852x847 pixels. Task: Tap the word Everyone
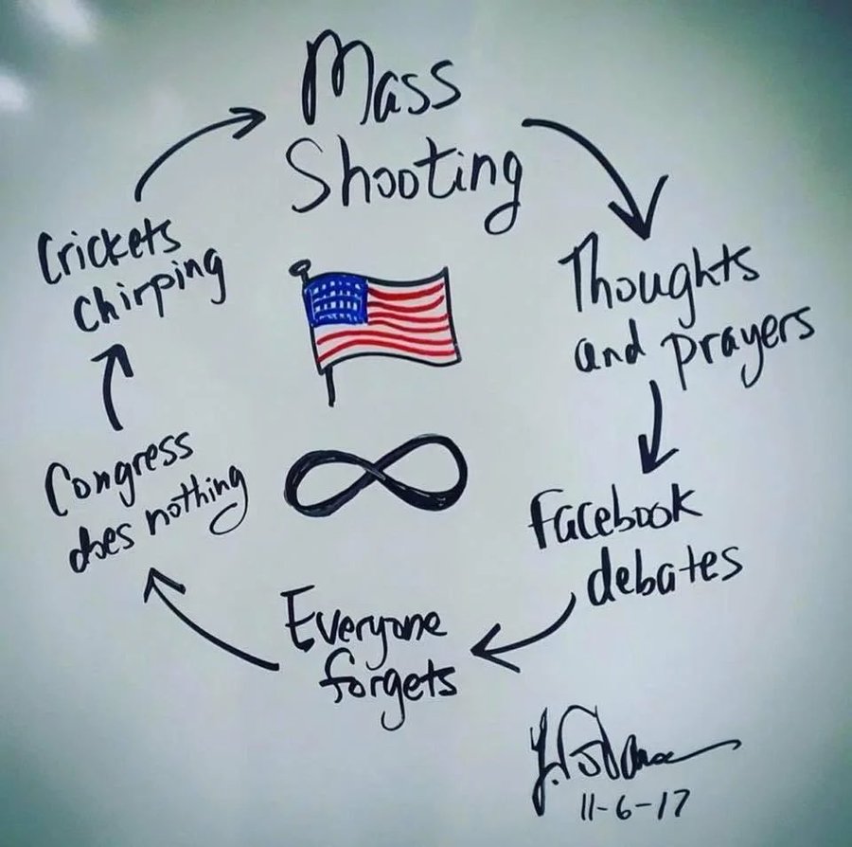(364, 621)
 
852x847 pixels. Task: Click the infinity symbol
(379, 478)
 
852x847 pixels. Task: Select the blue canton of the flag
(336, 298)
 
